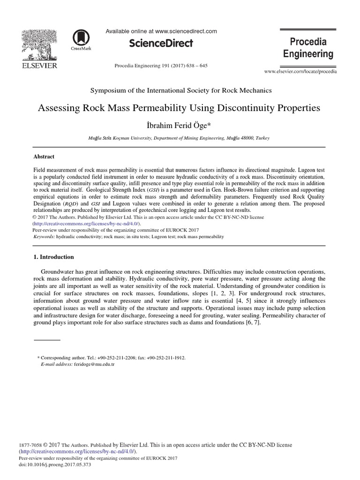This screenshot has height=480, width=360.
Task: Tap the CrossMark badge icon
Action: (81, 39)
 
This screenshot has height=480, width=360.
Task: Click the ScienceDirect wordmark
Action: (161, 43)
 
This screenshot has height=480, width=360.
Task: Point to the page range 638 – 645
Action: (197, 66)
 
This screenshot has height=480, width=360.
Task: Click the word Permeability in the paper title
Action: (155, 108)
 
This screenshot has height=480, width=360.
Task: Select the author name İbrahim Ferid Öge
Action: (180, 125)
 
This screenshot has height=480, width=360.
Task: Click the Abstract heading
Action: (44, 157)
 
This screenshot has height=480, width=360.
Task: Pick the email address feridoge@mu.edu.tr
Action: (94, 364)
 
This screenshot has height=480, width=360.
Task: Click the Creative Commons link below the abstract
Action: (79, 224)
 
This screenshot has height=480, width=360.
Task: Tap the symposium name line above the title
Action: (180, 90)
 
